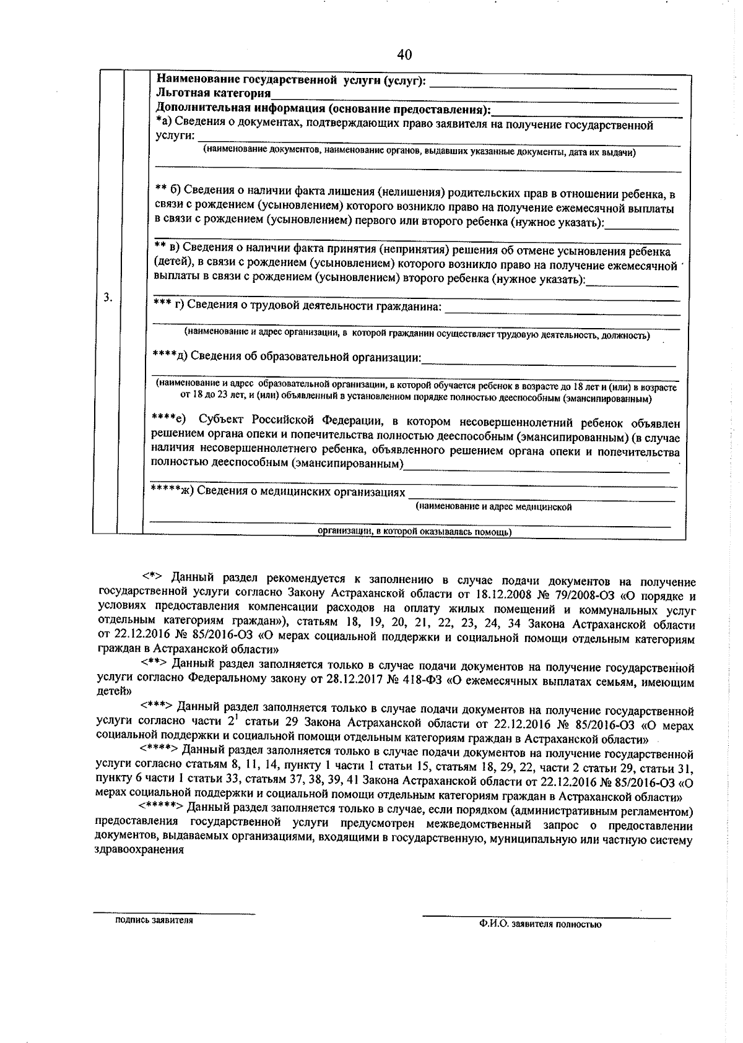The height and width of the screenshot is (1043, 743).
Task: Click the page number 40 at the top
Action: pos(404,54)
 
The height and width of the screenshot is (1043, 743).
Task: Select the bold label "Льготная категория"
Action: pos(214,94)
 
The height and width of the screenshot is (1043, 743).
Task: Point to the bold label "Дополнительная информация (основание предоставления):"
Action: pos(323,110)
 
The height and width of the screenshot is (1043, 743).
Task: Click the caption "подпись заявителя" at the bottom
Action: pos(154,920)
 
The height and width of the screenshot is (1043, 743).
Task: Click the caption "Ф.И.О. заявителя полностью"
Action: pos(539,924)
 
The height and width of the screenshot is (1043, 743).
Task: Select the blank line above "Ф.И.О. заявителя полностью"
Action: pos(546,917)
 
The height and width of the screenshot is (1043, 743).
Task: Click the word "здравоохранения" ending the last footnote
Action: pos(141,850)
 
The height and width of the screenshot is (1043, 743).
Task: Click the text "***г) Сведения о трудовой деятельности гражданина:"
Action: pos(297,306)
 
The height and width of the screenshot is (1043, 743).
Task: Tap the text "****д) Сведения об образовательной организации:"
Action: pos(287,357)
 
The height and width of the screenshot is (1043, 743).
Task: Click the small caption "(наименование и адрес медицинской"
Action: pos(493,507)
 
